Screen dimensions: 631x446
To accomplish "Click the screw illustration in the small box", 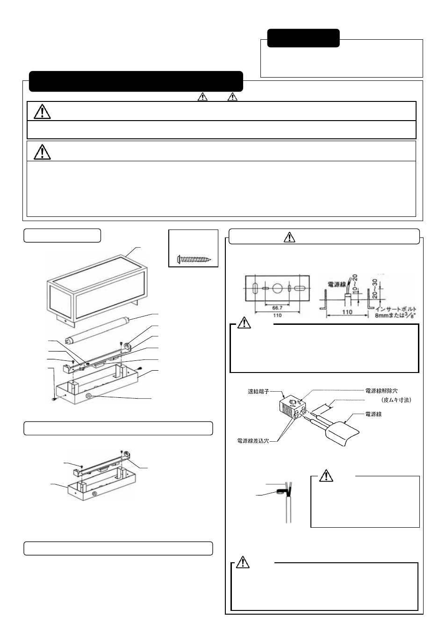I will pyautogui.click(x=194, y=258).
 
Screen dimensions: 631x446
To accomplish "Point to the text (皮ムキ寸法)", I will pyautogui.click(x=396, y=400).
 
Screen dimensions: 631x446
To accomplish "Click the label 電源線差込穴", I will pyautogui.click(x=252, y=441).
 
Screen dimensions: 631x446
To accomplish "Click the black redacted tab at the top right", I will pyautogui.click(x=303, y=38).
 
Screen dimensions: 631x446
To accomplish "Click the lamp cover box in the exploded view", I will pyautogui.click(x=99, y=285).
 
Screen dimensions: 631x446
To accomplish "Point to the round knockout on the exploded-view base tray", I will pyautogui.click(x=89, y=397).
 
